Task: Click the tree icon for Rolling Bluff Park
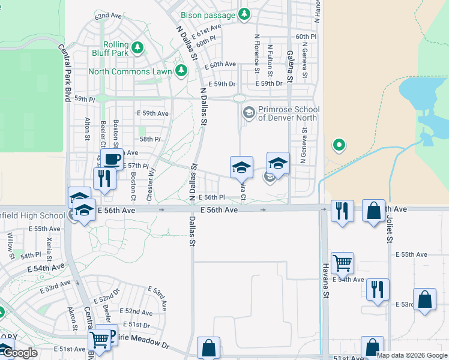[x=138, y=47]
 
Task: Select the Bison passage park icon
[x=244, y=14]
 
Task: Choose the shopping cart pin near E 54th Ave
[x=342, y=262]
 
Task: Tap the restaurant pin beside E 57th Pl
[x=104, y=178]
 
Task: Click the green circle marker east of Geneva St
[x=339, y=145]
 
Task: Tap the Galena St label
[x=290, y=67]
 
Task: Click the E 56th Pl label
[x=211, y=197]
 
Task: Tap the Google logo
[x=20, y=353]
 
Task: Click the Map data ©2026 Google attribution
[x=412, y=355]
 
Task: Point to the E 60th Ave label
[x=220, y=64]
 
